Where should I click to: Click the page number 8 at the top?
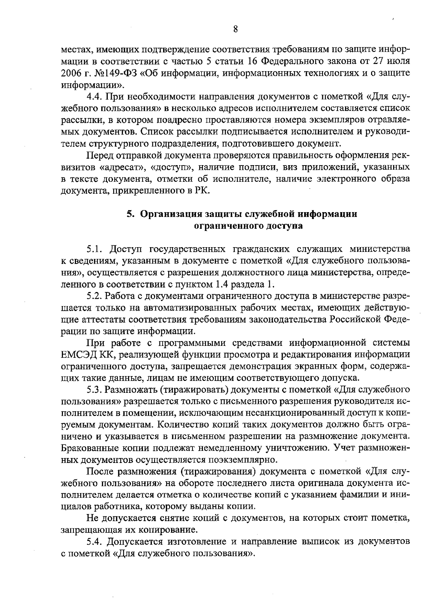click(x=235, y=29)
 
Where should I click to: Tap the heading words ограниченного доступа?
click(x=249, y=226)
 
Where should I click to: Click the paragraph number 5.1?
click(x=95, y=249)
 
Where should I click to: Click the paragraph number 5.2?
click(x=95, y=296)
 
